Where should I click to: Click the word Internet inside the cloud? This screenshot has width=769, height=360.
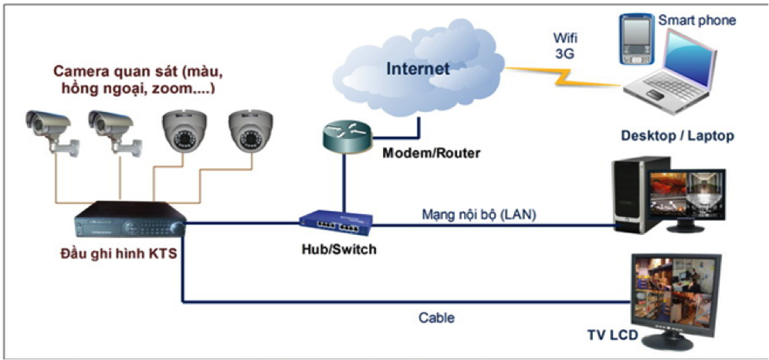click(x=418, y=69)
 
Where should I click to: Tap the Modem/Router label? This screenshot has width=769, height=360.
click(x=432, y=153)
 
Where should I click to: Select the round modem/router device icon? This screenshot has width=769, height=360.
click(x=345, y=137)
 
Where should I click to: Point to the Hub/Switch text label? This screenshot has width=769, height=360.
click(x=334, y=251)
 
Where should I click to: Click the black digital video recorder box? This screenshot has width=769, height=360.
click(x=129, y=221)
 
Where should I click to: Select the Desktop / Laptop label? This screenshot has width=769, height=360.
click(x=677, y=136)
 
